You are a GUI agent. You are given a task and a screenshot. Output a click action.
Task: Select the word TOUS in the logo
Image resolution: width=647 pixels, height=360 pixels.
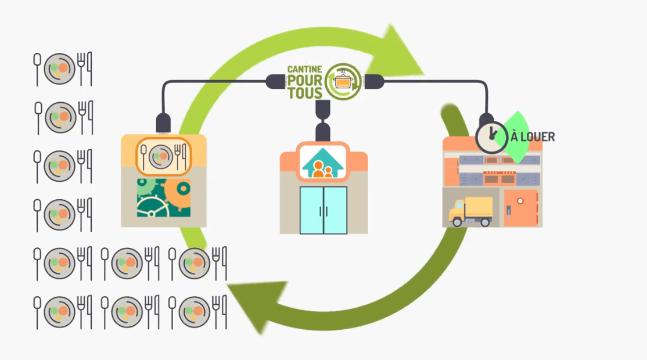[305, 93]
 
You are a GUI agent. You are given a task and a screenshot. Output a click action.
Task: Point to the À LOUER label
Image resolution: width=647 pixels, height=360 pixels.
[533, 138]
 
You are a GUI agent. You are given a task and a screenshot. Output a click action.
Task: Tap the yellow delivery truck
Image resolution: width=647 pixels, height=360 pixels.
[470, 211]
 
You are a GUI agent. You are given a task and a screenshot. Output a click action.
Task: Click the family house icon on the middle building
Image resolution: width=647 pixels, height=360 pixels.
[323, 163]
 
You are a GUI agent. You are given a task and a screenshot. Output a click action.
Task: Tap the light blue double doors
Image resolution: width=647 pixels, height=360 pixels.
[323, 210]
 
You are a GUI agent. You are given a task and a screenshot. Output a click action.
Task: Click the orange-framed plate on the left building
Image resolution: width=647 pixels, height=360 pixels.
[163, 156]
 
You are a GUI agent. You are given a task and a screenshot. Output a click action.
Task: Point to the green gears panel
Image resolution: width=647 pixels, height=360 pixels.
[164, 197]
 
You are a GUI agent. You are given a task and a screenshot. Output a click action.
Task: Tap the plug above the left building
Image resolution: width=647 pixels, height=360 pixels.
[163, 123]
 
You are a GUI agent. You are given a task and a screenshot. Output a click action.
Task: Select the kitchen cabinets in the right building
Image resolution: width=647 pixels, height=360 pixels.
[493, 168]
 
